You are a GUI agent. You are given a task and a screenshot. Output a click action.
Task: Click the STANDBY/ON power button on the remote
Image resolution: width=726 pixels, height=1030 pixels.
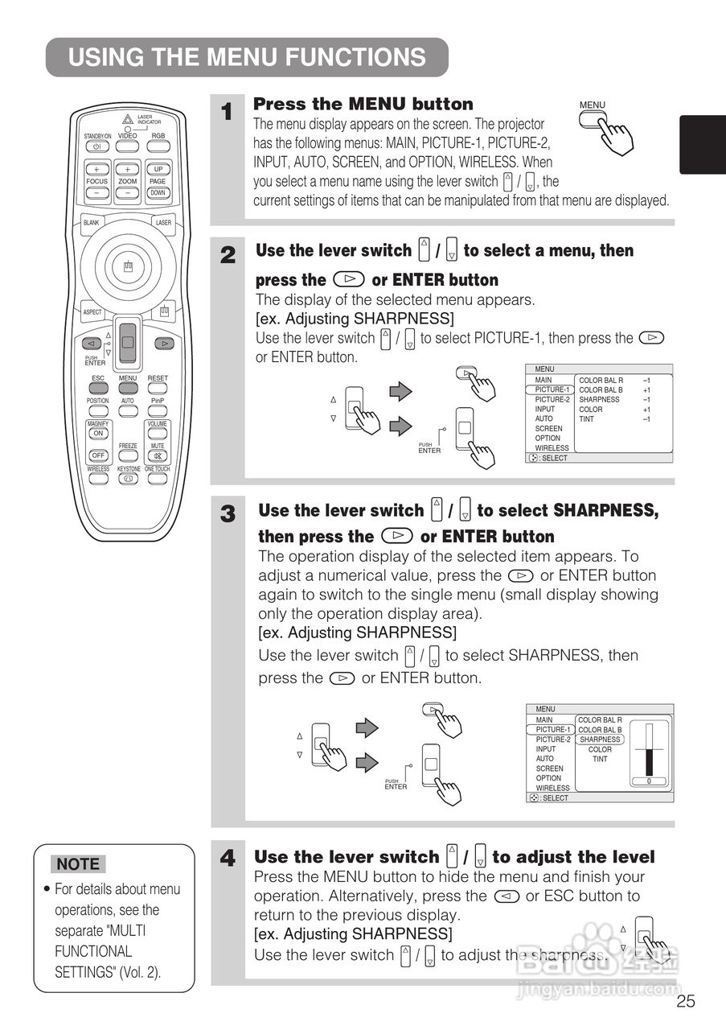click(x=96, y=146)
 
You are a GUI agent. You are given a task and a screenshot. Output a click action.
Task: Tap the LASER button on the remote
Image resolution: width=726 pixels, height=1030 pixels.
click(x=163, y=222)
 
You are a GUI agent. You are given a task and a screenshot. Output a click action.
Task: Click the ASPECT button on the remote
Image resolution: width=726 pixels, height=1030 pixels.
click(x=92, y=311)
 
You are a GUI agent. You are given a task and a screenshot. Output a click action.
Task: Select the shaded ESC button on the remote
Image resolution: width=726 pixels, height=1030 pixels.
click(x=98, y=388)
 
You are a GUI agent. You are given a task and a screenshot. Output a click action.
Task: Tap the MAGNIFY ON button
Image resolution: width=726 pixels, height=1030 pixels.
click(x=98, y=433)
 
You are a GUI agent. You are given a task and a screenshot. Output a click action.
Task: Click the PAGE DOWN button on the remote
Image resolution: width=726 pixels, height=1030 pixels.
click(x=158, y=192)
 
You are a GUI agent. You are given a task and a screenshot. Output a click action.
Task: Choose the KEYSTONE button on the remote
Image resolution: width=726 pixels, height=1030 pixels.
click(x=129, y=479)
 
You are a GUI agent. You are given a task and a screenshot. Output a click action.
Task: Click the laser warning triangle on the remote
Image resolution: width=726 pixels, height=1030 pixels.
click(x=127, y=119)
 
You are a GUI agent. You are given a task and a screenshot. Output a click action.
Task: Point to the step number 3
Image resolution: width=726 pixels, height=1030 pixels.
click(x=228, y=513)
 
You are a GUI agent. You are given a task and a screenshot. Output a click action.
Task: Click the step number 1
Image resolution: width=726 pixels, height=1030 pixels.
click(x=228, y=112)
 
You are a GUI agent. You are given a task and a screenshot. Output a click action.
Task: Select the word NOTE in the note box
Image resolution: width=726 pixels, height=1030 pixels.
click(x=79, y=864)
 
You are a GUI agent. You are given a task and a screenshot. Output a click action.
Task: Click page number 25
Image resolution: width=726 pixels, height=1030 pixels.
click(x=685, y=1001)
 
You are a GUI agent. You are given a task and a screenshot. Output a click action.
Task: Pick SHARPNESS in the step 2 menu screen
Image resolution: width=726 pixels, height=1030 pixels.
click(x=599, y=399)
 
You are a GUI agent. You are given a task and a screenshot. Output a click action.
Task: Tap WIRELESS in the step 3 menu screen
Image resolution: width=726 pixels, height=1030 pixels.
click(x=552, y=789)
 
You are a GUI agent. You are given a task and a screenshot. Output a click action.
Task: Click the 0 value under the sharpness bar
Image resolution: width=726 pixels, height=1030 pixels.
click(x=648, y=781)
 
